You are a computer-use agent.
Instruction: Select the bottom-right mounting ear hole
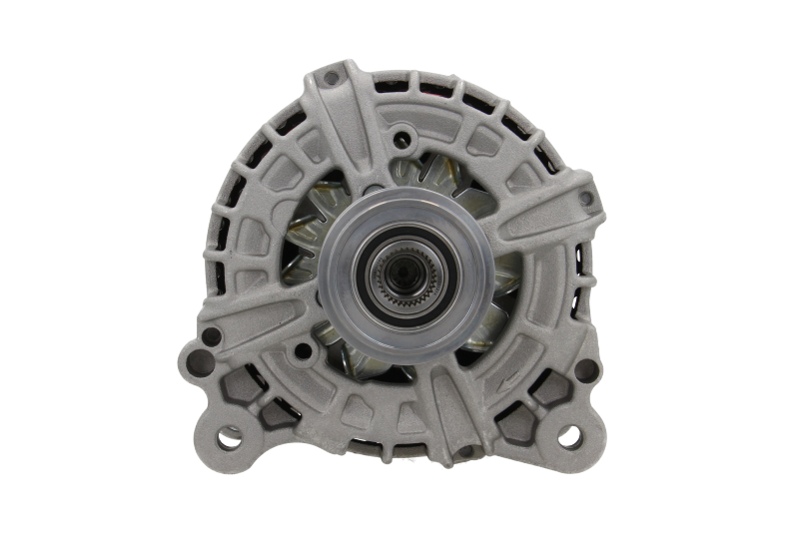point(570,434)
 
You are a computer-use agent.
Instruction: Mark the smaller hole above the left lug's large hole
point(205,335)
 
